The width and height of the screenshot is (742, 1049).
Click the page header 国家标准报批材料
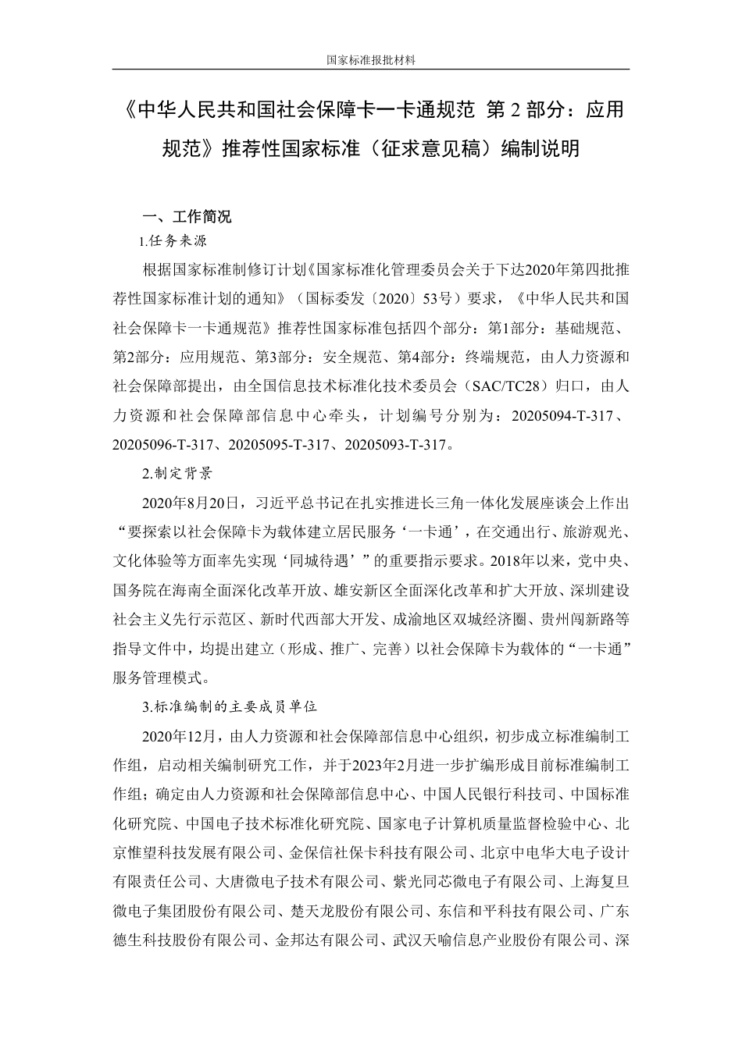370,59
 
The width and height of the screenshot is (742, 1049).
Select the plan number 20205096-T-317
163,445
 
